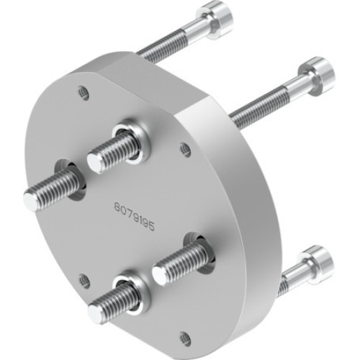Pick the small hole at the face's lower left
coord(84,280)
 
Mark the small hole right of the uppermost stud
coord(185,149)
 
